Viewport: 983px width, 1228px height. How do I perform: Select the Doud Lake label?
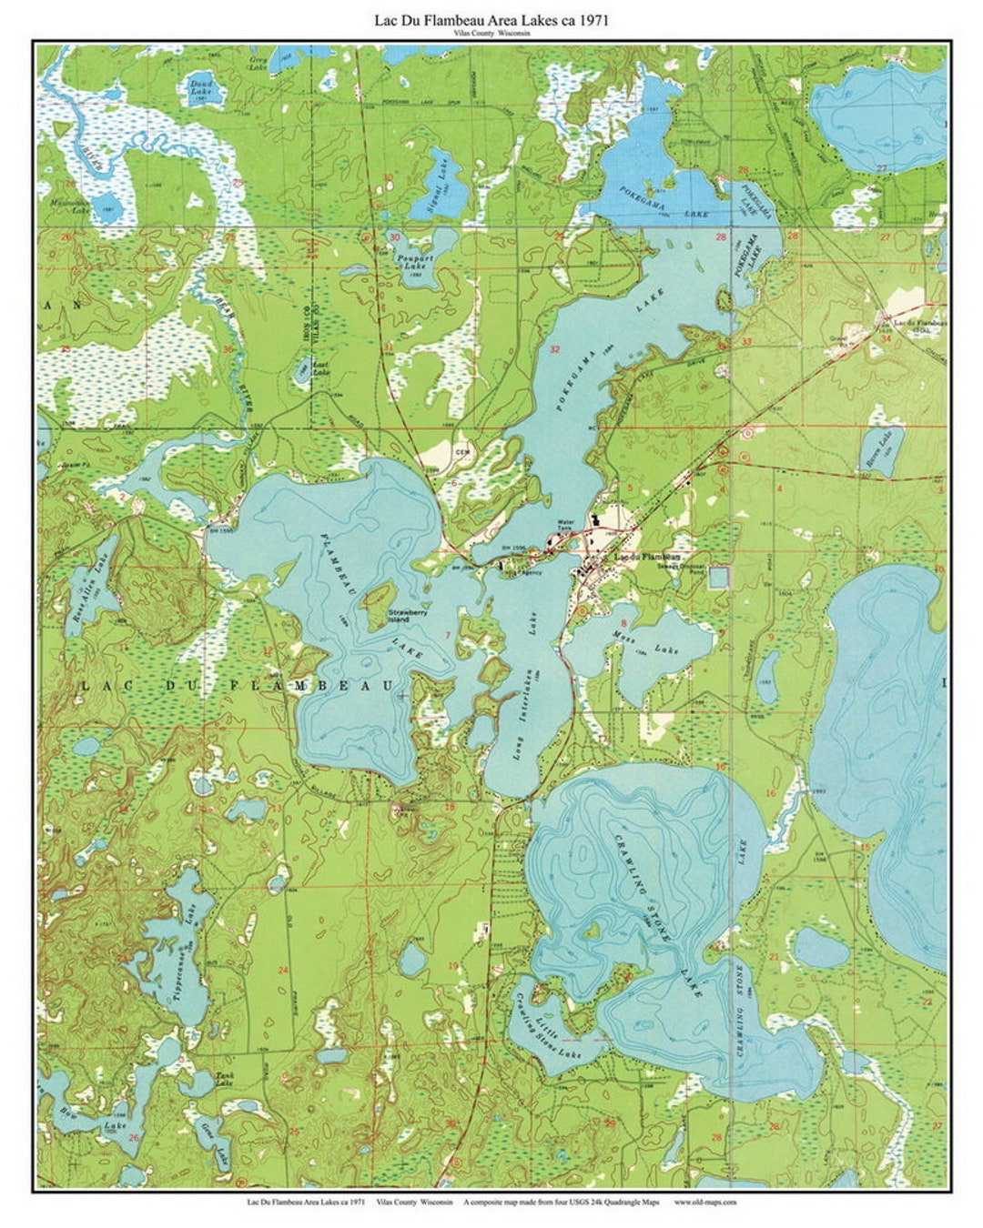[200, 88]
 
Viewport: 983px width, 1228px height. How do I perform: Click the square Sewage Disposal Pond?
[719, 577]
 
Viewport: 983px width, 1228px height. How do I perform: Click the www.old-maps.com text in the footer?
[705, 1201]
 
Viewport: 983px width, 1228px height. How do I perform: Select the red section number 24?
[282, 970]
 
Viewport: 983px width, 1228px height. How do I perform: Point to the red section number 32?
[554, 349]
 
